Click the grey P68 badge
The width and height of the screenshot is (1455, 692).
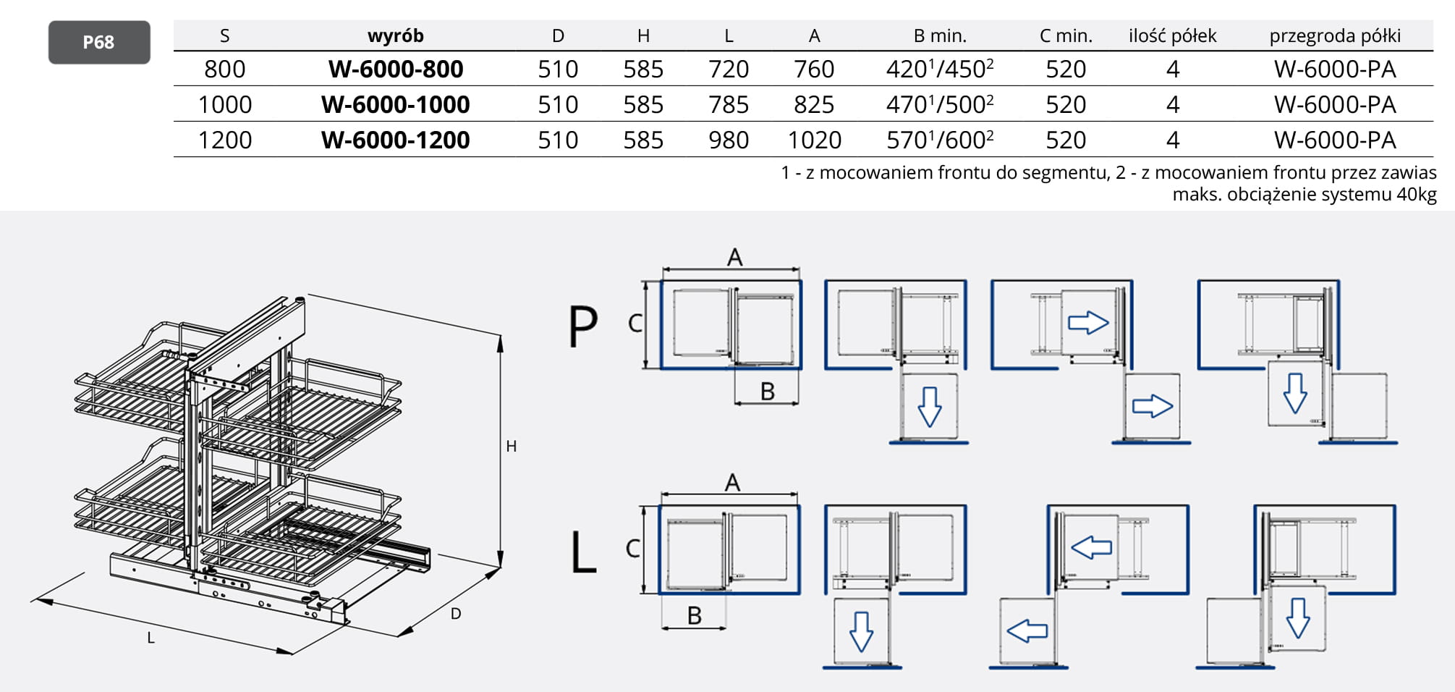click(x=99, y=43)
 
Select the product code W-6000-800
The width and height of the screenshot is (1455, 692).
click(x=396, y=69)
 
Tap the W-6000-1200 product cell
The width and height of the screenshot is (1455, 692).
click(x=396, y=140)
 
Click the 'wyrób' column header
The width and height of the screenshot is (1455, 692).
click(x=395, y=35)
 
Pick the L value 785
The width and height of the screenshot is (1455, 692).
click(x=729, y=105)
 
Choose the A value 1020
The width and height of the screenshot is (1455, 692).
click(x=814, y=140)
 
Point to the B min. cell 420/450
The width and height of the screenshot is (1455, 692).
click(x=939, y=69)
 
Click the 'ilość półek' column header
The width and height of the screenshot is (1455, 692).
click(x=1172, y=35)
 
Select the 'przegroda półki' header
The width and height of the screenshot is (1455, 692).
click(x=1335, y=35)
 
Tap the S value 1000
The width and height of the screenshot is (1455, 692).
click(x=225, y=105)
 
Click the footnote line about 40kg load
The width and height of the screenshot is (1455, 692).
click(x=1304, y=195)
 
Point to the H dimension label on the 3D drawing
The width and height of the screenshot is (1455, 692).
click(x=512, y=447)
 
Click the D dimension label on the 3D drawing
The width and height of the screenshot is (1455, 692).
click(x=456, y=614)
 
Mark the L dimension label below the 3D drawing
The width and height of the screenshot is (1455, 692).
click(x=150, y=638)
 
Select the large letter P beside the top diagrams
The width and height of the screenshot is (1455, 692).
click(x=583, y=326)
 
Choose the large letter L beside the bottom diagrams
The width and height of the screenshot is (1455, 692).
click(x=583, y=552)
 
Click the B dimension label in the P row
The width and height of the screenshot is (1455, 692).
click(x=768, y=392)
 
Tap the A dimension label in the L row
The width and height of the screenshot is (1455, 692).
click(x=732, y=482)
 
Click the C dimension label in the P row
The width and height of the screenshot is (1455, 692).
click(x=635, y=323)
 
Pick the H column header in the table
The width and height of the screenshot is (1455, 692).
click(x=643, y=35)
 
